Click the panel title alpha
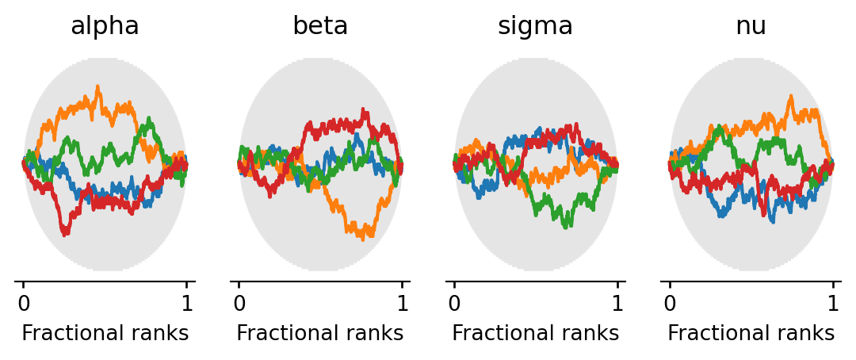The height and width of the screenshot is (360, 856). pos(105,26)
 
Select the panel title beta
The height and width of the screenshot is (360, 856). pos(320,26)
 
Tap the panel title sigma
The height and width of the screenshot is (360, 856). pos(535,26)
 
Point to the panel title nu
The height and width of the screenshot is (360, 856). pos(751,26)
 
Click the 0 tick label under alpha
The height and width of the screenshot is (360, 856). pos(24,303)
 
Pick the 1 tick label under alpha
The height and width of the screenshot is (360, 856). pos(186,303)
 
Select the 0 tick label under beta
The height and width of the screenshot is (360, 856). pos(239,303)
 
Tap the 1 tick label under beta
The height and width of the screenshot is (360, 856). pos(402,303)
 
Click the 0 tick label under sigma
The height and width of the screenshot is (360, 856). pos(454,303)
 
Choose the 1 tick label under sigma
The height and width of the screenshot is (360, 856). pos(617,303)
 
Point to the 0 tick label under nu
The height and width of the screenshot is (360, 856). pos(670,303)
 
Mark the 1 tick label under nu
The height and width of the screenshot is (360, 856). pos(833,303)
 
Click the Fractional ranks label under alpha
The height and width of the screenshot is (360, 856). pos(105,334)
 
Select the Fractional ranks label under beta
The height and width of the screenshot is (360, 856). pos(320,334)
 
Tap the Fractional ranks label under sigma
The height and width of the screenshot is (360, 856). pos(535,334)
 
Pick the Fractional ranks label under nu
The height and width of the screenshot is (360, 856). pos(751,334)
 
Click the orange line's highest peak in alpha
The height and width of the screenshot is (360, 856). pos(97,86)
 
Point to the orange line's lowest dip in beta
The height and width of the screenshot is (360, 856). pos(363,238)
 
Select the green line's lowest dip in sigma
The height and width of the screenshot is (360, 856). pos(565,227)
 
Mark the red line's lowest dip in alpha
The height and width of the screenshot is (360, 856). pos(64,235)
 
